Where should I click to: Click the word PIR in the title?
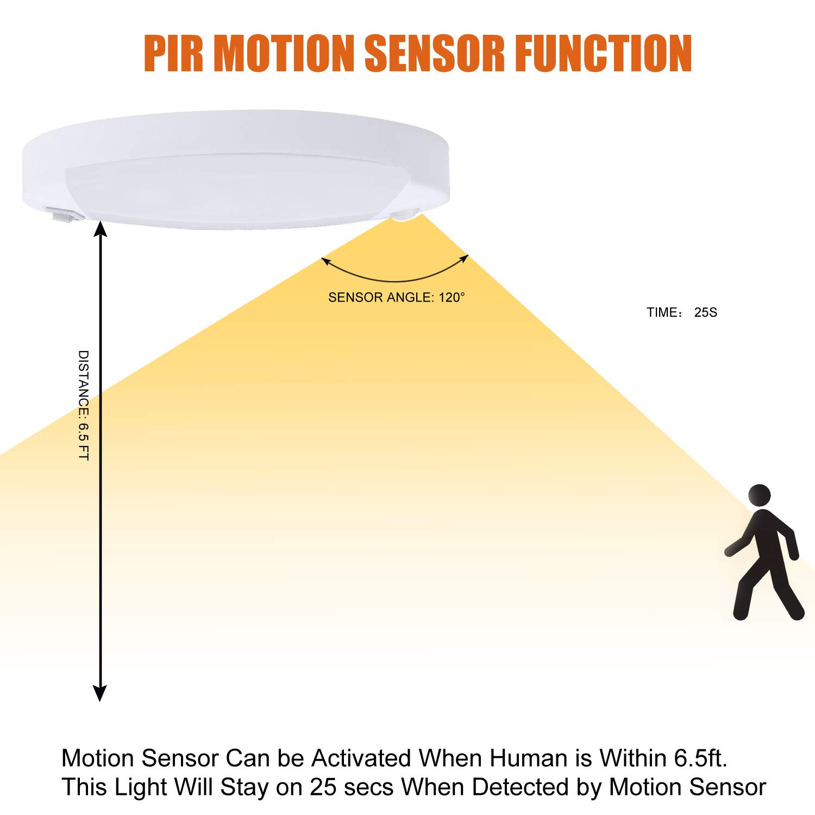tap(173, 53)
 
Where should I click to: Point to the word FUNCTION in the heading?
tap(603, 53)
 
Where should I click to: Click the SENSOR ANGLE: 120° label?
tap(397, 297)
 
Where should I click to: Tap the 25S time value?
tap(705, 312)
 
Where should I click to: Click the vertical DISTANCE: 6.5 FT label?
tap(83, 405)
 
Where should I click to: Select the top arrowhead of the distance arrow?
tap(100, 229)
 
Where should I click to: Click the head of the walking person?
tap(759, 495)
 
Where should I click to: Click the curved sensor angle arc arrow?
tap(395, 277)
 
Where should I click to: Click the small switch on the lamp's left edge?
tap(64, 216)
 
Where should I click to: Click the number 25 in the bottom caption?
tap(323, 787)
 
